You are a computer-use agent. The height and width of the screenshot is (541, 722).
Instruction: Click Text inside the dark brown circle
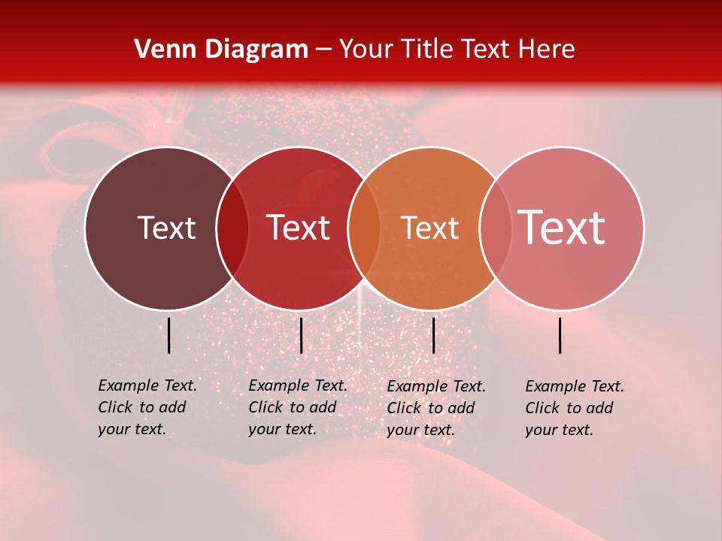pyautogui.click(x=166, y=228)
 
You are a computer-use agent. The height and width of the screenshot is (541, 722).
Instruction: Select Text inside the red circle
pyautogui.click(x=299, y=228)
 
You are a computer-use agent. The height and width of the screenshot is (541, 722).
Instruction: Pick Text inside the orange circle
pyautogui.click(x=430, y=228)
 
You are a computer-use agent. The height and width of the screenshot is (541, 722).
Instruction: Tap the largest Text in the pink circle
pyautogui.click(x=562, y=228)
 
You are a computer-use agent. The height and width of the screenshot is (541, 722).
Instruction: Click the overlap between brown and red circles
pyautogui.click(x=232, y=228)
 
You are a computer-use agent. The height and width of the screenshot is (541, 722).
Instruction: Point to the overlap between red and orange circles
pyautogui.click(x=365, y=228)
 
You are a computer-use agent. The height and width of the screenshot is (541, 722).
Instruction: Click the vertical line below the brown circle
pyautogui.click(x=169, y=335)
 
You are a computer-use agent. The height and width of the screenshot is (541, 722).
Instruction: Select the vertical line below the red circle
pyautogui.click(x=301, y=335)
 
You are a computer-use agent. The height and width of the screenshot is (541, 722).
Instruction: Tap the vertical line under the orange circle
pyautogui.click(x=433, y=335)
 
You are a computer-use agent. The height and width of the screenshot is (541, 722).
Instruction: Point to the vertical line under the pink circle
pyautogui.click(x=560, y=335)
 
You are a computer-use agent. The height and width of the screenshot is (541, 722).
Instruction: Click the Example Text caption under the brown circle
pyautogui.click(x=147, y=407)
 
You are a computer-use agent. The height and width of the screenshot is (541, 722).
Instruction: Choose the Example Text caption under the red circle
pyautogui.click(x=298, y=407)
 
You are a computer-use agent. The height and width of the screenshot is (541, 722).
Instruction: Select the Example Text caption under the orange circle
pyautogui.click(x=436, y=408)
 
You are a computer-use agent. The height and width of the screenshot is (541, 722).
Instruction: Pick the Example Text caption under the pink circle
pyautogui.click(x=575, y=408)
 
